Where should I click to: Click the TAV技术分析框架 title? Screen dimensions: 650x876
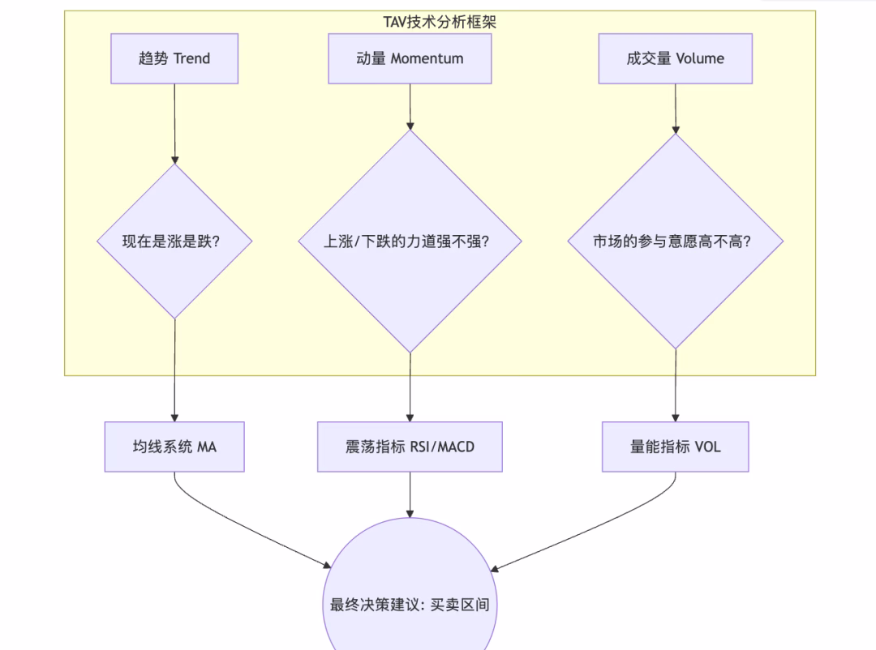pyautogui.click(x=440, y=22)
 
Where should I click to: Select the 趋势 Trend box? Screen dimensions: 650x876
pyautogui.click(x=174, y=58)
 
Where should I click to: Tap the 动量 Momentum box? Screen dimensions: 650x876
pyautogui.click(x=410, y=58)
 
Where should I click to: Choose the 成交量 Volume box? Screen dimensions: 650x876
pyautogui.click(x=675, y=58)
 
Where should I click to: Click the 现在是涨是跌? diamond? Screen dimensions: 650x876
pyautogui.click(x=174, y=242)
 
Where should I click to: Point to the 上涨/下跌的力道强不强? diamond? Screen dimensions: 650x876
pyautogui.click(x=410, y=242)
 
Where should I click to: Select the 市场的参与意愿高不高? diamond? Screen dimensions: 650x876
pyautogui.click(x=675, y=242)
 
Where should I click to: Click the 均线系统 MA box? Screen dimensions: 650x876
pyautogui.click(x=174, y=447)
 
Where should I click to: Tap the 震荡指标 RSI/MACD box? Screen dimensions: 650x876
pyautogui.click(x=410, y=447)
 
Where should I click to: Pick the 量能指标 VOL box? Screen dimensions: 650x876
pyautogui.click(x=675, y=447)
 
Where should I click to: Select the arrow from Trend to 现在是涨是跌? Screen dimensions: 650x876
pyautogui.click(x=174, y=122)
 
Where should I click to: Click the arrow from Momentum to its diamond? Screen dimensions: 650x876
pyautogui.click(x=410, y=105)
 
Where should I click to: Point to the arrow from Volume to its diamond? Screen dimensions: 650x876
pyautogui.click(x=675, y=108)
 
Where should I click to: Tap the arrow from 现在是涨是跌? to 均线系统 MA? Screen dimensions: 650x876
pyautogui.click(x=174, y=369)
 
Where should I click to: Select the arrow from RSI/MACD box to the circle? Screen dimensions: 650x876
pyautogui.click(x=410, y=494)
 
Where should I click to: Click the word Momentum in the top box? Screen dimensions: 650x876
pyautogui.click(x=427, y=58)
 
